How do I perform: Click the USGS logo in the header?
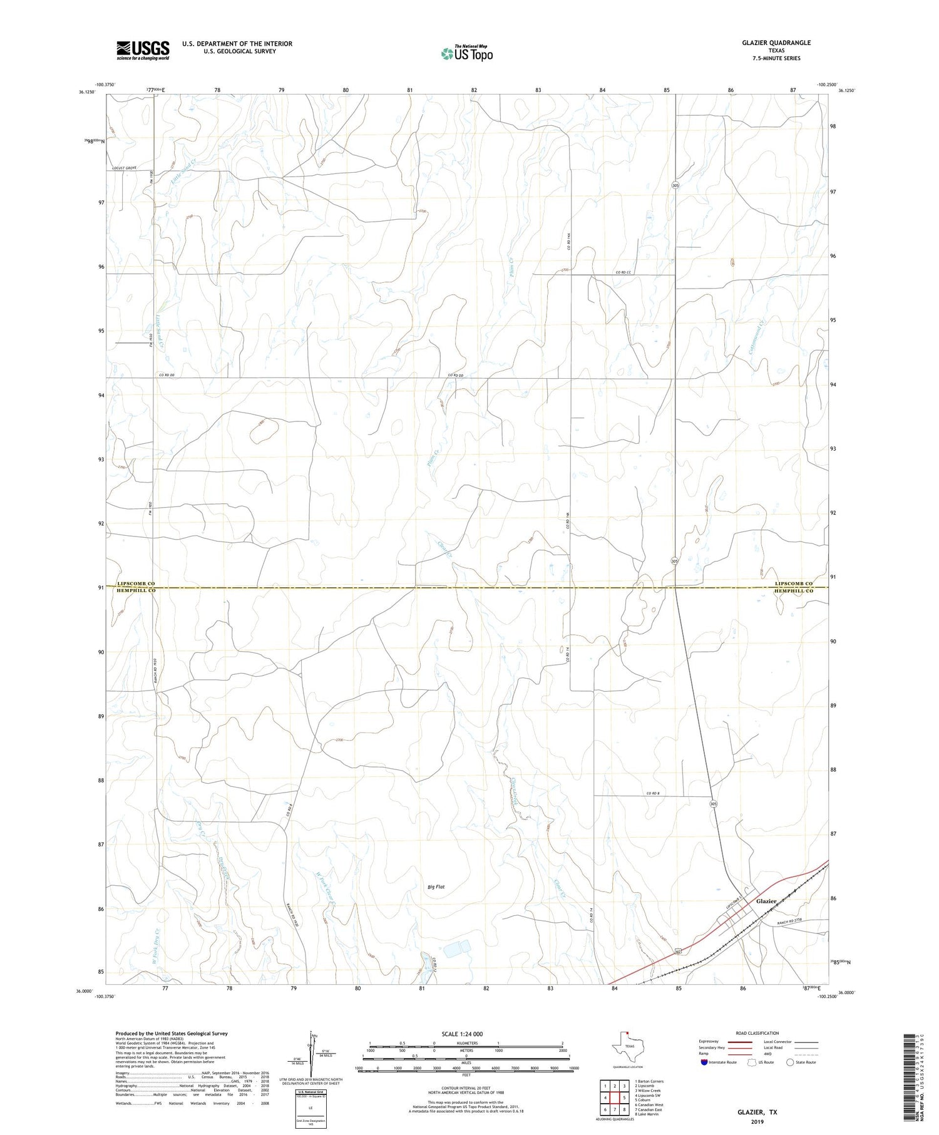143,50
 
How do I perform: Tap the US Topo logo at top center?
466,53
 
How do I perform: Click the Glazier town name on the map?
766,901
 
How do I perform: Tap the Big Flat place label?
436,886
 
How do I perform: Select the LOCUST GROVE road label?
124,168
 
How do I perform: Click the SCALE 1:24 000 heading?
462,1034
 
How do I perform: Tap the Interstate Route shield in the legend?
704,1062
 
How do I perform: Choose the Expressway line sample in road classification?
739,1042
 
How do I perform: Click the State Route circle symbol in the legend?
790,1062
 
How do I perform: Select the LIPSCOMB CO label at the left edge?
135,583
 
